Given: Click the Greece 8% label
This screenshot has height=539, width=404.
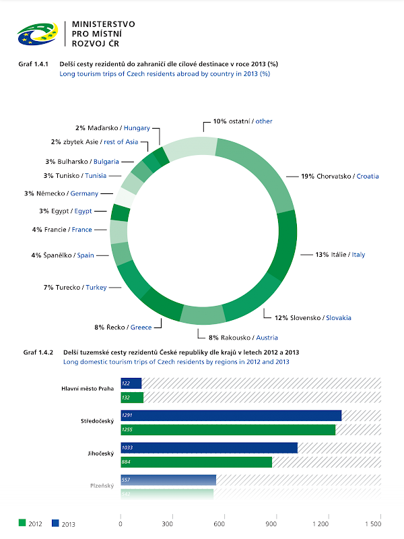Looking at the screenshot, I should click(123, 327).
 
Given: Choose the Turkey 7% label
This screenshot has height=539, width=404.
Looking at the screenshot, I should click(75, 288).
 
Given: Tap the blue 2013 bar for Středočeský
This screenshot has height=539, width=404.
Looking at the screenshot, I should click(230, 416).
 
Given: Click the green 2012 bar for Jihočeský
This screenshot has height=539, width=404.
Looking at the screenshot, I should click(196, 462).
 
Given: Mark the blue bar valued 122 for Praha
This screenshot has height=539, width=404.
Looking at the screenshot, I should click(131, 383).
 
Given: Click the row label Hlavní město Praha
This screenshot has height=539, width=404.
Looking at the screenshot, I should click(87, 389).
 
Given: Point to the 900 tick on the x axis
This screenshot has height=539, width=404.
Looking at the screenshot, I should click(272, 524).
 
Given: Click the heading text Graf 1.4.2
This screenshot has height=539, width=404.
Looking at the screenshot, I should click(37, 352).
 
